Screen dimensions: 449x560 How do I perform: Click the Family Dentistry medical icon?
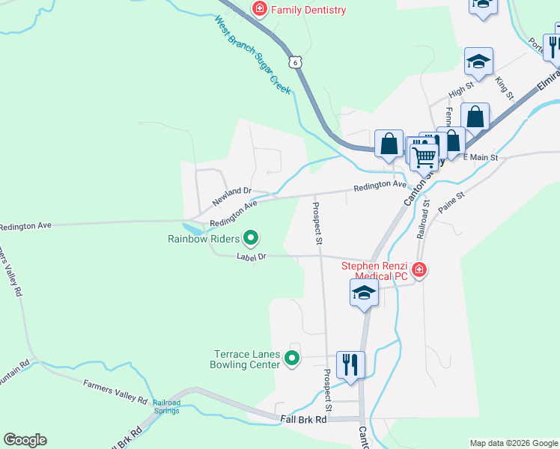click(x=260, y=10)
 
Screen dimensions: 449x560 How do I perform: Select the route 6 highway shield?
click(x=296, y=63)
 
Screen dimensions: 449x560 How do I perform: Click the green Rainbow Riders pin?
click(x=252, y=239)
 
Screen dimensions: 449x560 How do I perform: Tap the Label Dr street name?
click(x=252, y=257)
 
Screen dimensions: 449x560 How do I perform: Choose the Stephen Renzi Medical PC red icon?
click(x=419, y=269)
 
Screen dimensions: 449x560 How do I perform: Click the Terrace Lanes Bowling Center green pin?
click(x=293, y=361)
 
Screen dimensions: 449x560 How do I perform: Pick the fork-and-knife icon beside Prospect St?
click(x=350, y=364)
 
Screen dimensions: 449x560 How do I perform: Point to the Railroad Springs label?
click(x=166, y=406)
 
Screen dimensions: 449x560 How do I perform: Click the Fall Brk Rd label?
click(x=304, y=420)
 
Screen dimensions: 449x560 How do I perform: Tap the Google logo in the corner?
click(x=25, y=440)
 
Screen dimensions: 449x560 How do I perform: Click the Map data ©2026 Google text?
click(x=513, y=443)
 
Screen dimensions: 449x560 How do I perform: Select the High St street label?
click(x=460, y=89)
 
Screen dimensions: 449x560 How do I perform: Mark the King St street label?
click(x=505, y=88)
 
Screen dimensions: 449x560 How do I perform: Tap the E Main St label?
click(x=480, y=157)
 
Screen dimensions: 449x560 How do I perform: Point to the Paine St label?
click(x=451, y=203)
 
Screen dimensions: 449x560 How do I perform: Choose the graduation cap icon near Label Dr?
click(x=364, y=292)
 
